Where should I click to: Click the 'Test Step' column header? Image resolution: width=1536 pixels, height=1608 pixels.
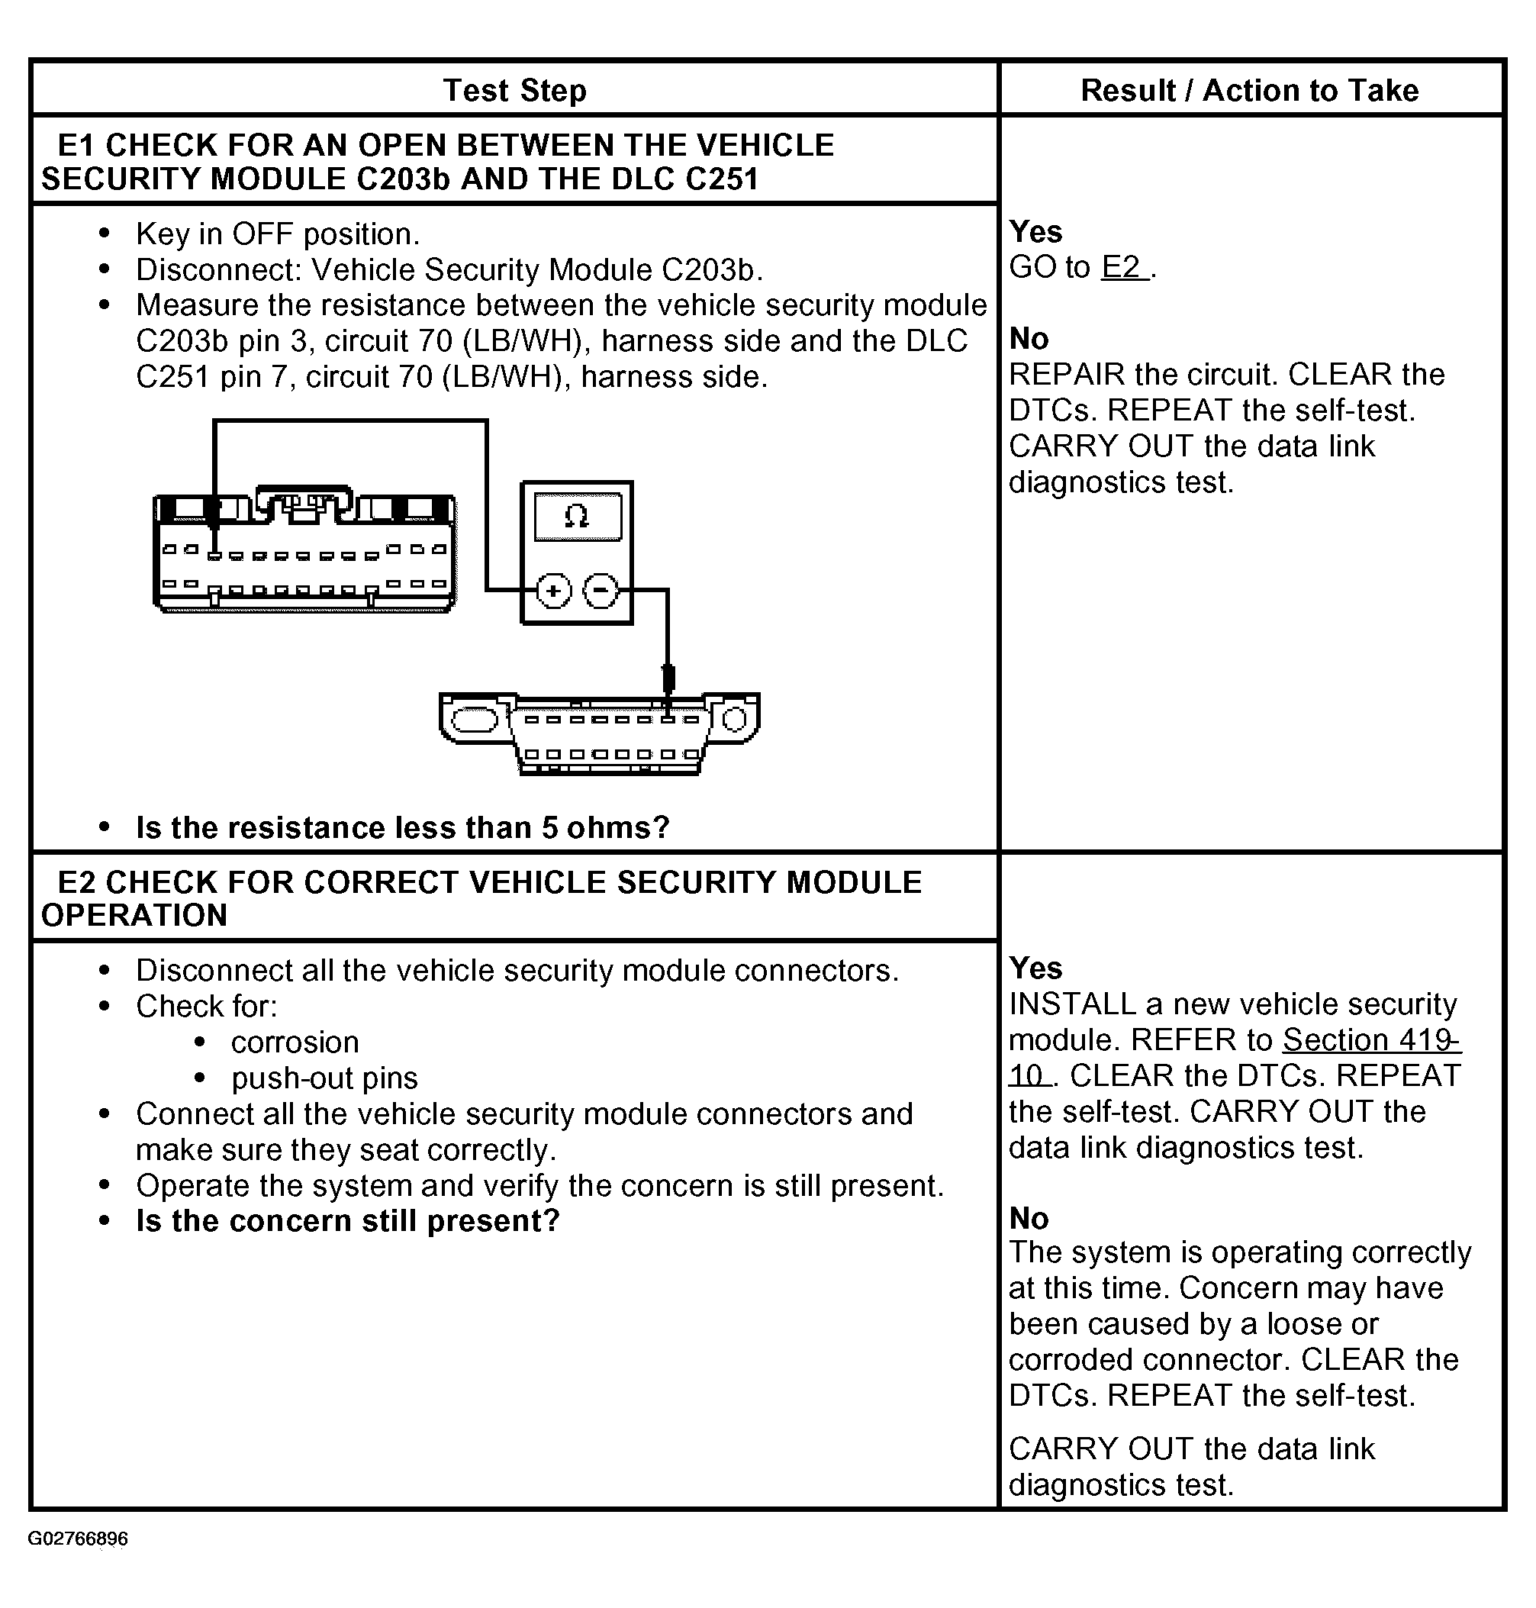514,90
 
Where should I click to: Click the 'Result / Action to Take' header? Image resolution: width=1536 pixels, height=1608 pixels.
1249,90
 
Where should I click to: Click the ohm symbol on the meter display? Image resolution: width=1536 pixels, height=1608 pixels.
577,517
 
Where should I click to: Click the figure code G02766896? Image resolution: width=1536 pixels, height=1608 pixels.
78,1539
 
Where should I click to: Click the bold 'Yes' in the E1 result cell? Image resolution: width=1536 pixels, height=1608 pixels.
1035,232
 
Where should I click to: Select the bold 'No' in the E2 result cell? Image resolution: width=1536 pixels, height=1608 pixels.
1029,1218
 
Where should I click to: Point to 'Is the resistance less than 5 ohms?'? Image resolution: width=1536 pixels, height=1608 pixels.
403,828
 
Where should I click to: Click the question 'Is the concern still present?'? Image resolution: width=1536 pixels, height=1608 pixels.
348,1221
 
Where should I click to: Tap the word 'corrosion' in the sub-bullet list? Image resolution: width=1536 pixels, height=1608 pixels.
295,1042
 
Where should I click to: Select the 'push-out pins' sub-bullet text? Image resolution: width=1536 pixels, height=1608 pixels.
324,1078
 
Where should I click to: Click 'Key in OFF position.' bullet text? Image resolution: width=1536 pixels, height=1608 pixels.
278,234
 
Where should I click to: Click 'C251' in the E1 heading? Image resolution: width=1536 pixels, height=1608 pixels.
721,179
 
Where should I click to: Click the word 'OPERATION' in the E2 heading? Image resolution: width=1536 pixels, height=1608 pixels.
134,915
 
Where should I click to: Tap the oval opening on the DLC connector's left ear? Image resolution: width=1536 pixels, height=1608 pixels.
474,720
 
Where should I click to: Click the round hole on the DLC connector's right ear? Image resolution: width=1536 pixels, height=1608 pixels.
735,720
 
